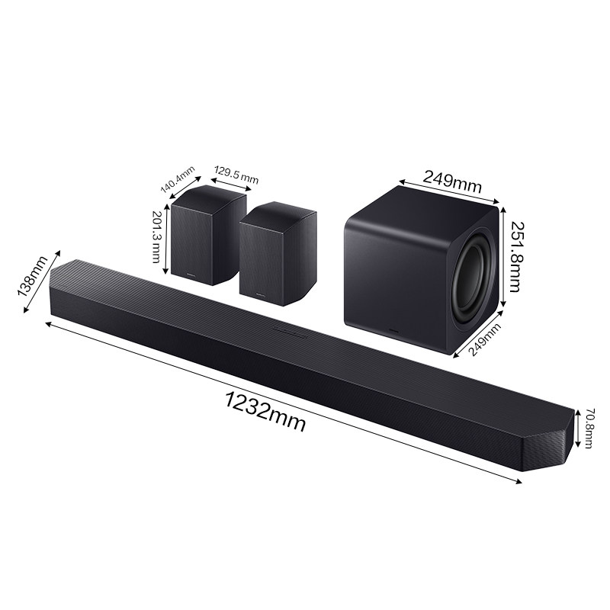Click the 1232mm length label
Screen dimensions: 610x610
point(265,413)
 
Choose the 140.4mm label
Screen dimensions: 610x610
point(178,178)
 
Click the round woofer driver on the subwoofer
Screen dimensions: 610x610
point(470,283)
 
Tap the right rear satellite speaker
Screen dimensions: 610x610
point(277,252)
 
